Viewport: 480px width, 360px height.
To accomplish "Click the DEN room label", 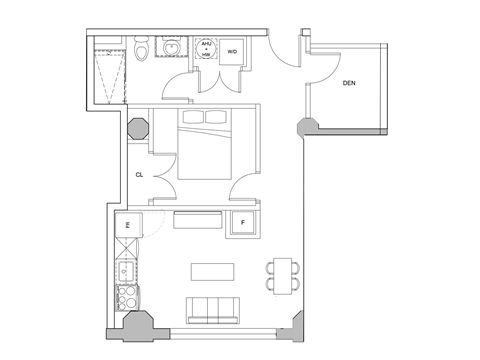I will (x=349, y=83).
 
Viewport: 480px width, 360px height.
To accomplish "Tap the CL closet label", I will (x=140, y=174).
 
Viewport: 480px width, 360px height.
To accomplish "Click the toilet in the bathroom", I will (x=142, y=49).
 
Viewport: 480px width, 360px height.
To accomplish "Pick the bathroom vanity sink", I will (x=172, y=47).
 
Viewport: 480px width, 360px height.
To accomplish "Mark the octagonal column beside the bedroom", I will (x=137, y=129).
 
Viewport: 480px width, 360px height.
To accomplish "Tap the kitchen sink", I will (x=128, y=270).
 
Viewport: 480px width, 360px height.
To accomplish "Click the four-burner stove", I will (x=128, y=297).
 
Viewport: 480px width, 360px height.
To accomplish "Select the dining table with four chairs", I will (x=282, y=273).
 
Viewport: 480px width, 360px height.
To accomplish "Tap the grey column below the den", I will (x=306, y=128).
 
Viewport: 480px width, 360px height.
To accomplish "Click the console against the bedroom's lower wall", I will (x=196, y=220).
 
